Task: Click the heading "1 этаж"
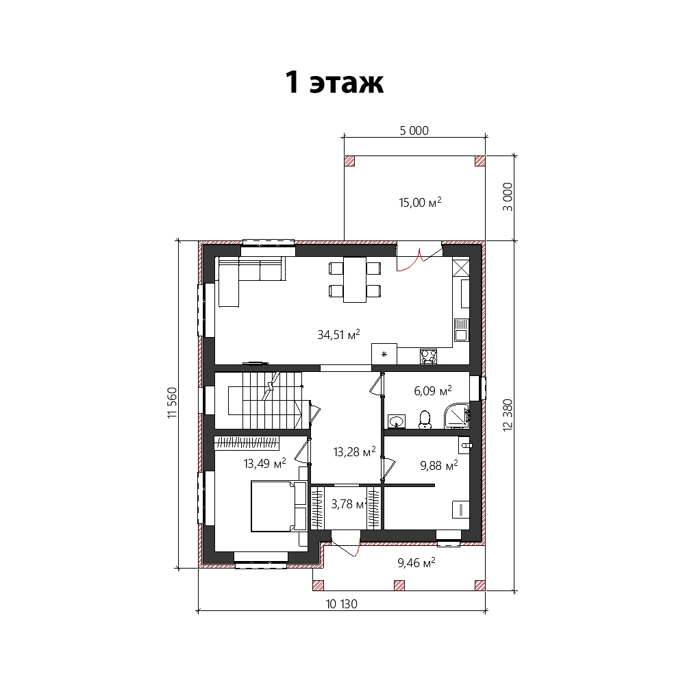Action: click(335, 83)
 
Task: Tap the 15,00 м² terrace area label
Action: click(420, 202)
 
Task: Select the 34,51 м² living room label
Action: click(338, 335)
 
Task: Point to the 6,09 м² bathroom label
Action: click(432, 390)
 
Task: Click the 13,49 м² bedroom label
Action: click(264, 463)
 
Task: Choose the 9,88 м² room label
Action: click(439, 465)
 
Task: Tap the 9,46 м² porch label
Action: click(416, 562)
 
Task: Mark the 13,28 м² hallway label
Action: click(354, 451)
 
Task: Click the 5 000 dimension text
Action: click(414, 131)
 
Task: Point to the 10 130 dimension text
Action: click(342, 604)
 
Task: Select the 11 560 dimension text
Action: click(173, 403)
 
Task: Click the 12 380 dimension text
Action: click(508, 415)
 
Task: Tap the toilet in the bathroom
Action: click(425, 420)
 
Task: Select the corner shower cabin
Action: click(456, 416)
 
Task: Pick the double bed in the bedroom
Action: click(279, 506)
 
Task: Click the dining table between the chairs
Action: click(355, 279)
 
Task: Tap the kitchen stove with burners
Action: click(428, 356)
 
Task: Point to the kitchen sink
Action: click(461, 330)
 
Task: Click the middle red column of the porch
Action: click(399, 586)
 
